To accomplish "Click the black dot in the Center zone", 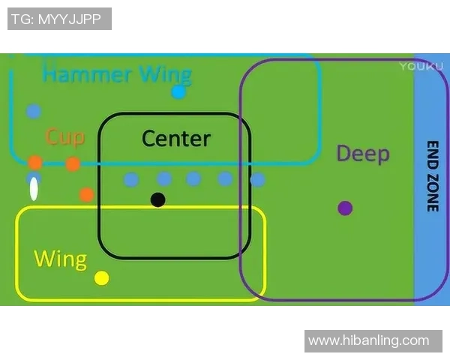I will click(157, 199).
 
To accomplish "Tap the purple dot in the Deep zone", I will click(345, 208).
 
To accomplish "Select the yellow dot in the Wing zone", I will click(102, 278).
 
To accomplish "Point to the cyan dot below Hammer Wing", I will click(178, 92).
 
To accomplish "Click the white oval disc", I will click(34, 189).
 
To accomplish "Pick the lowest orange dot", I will click(87, 194).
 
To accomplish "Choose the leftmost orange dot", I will click(35, 163).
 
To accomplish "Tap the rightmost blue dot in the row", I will click(257, 180).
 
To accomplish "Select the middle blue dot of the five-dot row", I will click(193, 178).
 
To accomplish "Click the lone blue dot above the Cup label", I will click(33, 111).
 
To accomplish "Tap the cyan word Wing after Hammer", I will click(166, 75).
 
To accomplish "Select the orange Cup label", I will click(64, 137).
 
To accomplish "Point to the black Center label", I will click(176, 139).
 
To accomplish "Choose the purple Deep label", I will click(363, 154).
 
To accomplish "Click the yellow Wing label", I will click(60, 259).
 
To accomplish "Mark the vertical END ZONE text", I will click(432, 176).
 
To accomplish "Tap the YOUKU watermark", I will click(416, 67).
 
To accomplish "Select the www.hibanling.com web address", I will click(369, 340).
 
